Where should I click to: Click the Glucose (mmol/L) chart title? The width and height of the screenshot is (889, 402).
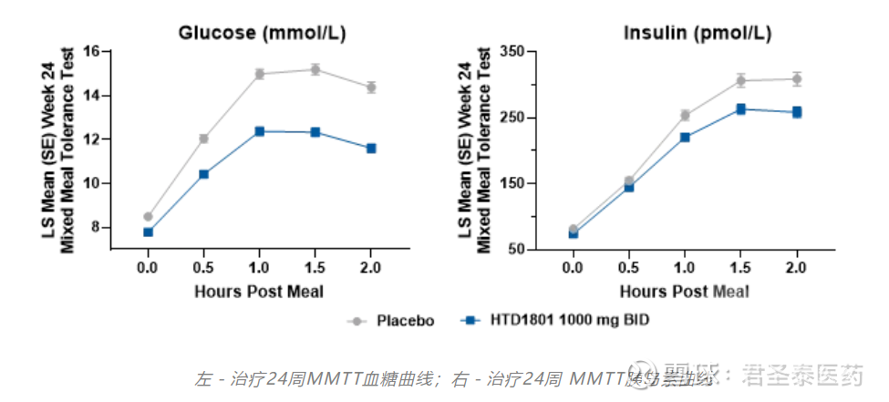coord(263,34)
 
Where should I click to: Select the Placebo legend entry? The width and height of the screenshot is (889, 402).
coord(392,321)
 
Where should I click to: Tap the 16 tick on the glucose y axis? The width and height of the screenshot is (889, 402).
coord(91,51)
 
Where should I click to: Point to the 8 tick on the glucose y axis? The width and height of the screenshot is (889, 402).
coord(95,227)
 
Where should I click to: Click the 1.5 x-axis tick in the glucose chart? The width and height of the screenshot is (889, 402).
coord(315,268)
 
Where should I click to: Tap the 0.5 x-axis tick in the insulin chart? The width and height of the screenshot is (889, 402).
coord(629,268)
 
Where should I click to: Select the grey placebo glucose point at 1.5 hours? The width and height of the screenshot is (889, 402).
coord(315,69)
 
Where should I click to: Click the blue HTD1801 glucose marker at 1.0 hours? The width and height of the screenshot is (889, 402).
coord(260,131)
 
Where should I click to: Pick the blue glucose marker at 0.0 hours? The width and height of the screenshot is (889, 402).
coord(148,232)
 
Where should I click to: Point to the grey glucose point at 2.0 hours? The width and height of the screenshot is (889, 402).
coord(371,88)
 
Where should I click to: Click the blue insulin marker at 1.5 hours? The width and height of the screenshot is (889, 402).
coord(741,109)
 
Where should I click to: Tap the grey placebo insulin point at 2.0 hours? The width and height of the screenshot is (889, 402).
coord(797,79)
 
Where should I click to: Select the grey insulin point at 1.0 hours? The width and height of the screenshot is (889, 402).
coord(685,116)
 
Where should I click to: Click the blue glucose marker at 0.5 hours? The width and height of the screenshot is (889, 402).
coord(203,174)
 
